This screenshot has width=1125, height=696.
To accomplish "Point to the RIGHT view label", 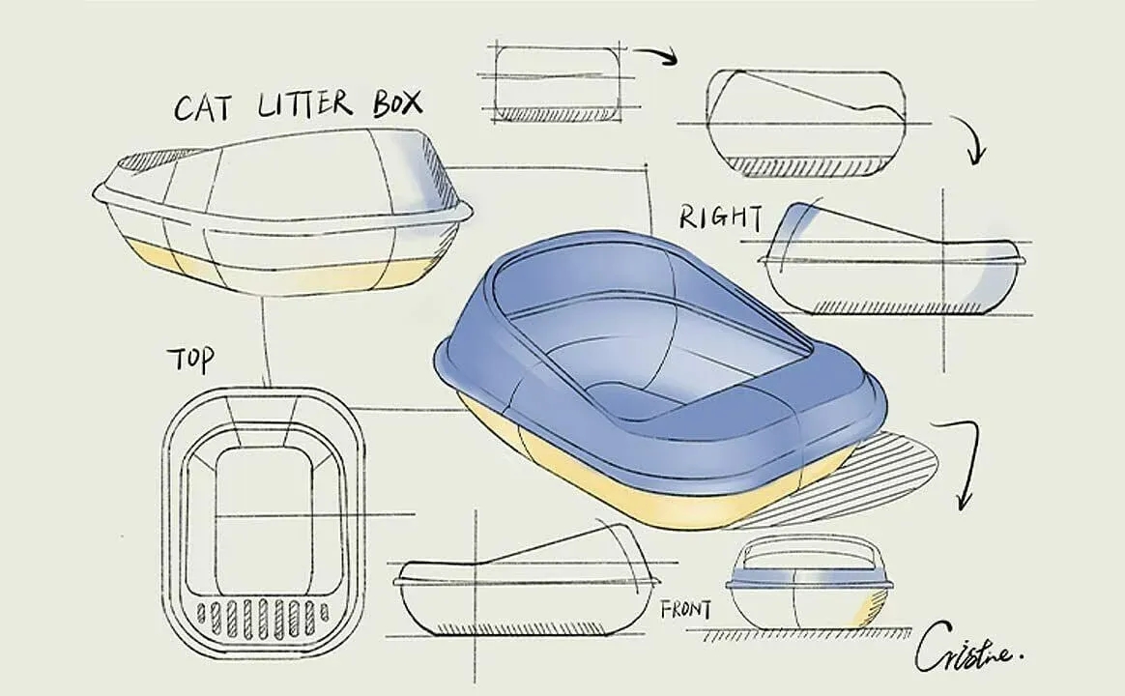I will click(x=720, y=217).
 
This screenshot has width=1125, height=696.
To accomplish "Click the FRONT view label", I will click(x=686, y=610).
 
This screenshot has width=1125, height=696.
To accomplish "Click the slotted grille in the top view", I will click(x=262, y=612).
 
